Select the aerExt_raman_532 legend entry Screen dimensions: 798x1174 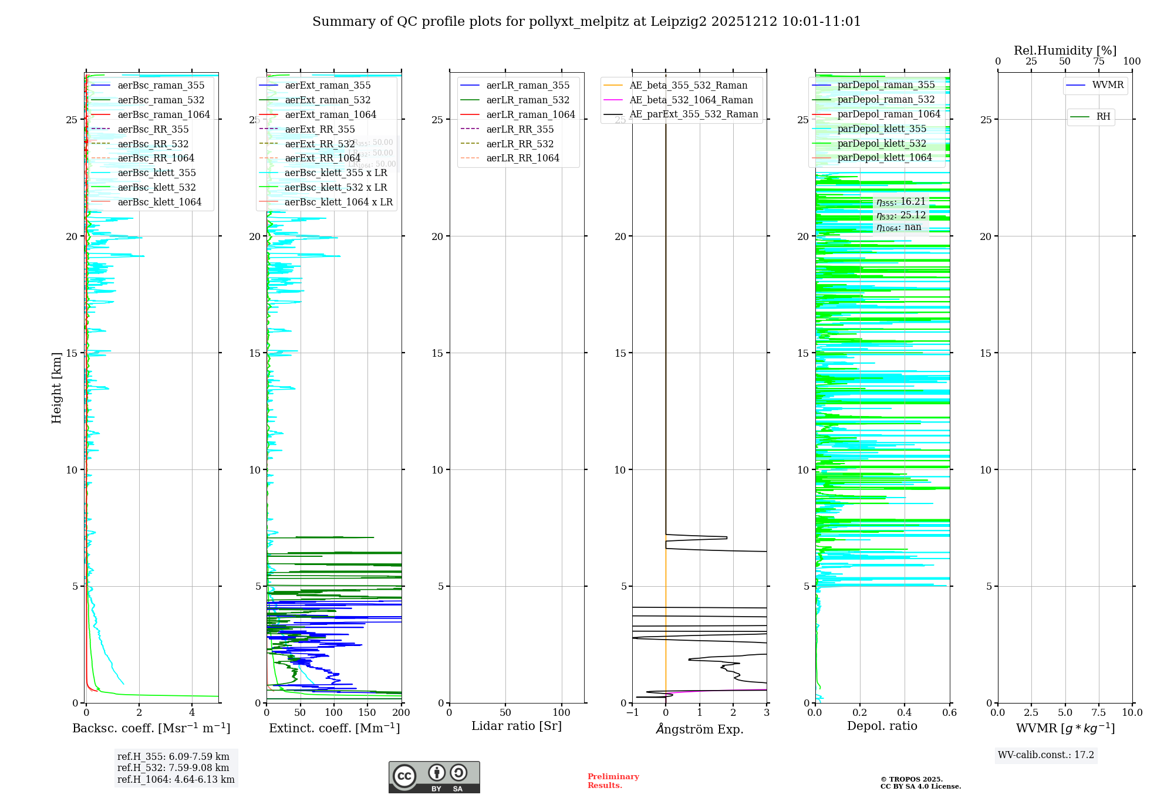328,100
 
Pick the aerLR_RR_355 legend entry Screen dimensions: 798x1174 519,129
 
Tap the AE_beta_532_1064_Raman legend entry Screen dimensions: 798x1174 691,100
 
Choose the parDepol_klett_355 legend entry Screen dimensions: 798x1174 882,129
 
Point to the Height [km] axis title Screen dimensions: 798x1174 56,388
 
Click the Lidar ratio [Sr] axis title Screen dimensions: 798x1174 517,726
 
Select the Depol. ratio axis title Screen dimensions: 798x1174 882,726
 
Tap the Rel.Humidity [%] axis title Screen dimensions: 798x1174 1065,50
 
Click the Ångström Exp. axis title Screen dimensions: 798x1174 699,729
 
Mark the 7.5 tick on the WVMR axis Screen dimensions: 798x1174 1099,712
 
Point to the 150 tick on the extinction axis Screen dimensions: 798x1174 367,712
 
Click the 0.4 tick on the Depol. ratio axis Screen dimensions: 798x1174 905,712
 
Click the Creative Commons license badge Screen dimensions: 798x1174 434,777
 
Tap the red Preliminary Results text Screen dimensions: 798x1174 613,781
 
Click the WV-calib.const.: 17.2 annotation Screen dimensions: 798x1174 1045,755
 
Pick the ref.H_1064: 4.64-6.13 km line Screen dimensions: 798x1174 176,779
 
